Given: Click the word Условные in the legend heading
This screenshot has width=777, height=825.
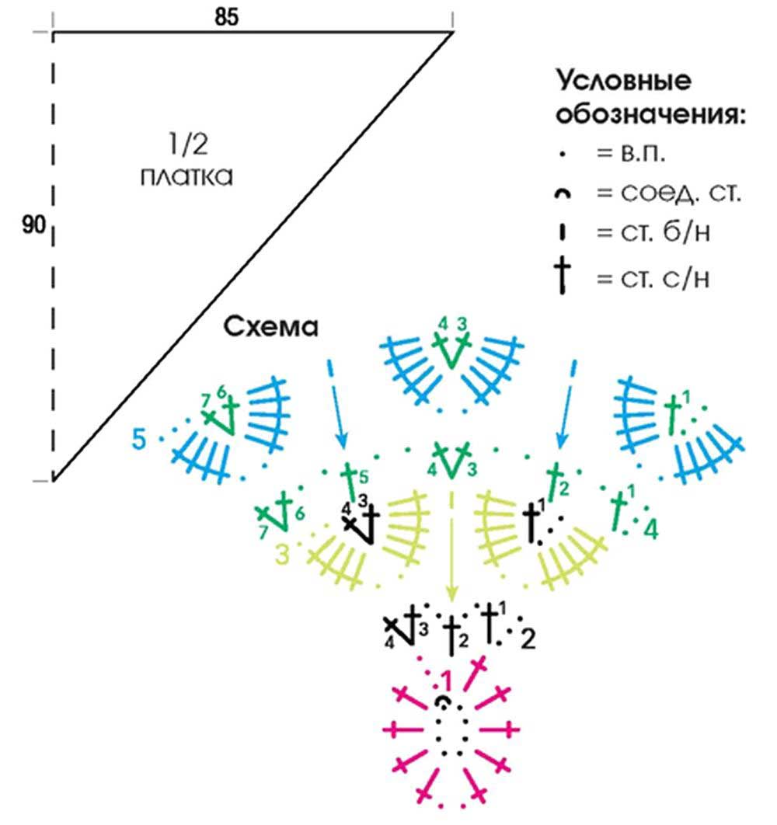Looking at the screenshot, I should (x=623, y=83).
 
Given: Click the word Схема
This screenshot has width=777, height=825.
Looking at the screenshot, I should (x=272, y=328).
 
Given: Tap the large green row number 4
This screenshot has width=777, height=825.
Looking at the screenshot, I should (x=651, y=531).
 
